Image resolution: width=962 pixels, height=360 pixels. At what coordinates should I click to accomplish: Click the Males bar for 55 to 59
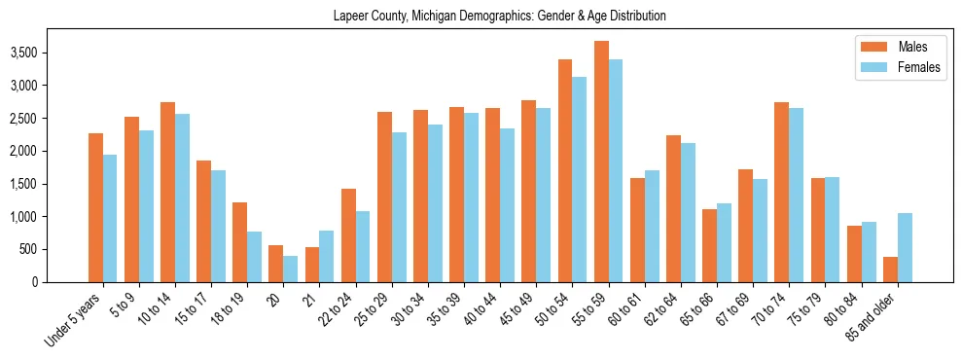(x=602, y=162)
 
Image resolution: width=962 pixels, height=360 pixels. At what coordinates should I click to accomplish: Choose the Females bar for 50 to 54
(x=580, y=179)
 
